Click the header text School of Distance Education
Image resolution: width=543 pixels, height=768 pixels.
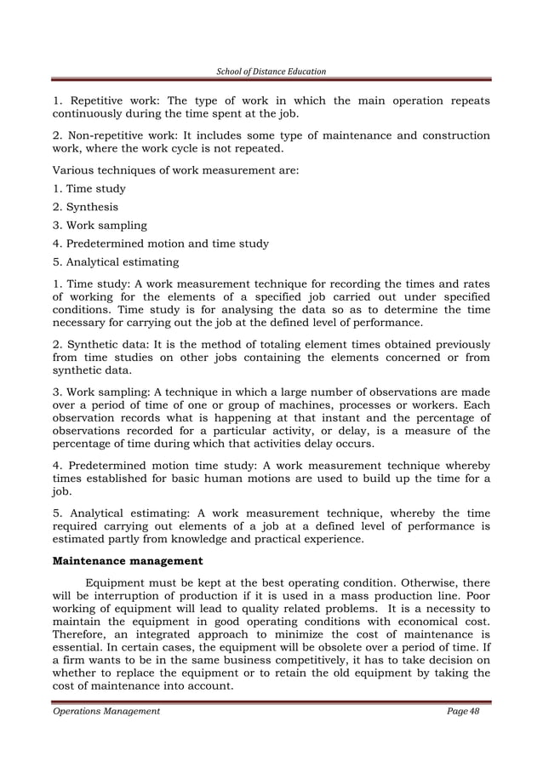[271, 70]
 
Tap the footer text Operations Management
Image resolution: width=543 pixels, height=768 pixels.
[106, 711]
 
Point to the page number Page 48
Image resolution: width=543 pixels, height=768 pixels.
[463, 711]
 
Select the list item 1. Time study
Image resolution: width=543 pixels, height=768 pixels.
[89, 189]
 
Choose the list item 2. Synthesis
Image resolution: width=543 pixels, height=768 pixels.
[85, 207]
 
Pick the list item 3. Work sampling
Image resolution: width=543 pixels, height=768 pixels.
[100, 226]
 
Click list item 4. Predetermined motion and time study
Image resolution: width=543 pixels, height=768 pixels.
[161, 244]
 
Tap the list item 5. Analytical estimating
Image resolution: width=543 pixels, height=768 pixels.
[116, 262]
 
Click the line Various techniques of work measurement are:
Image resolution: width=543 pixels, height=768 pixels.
[175, 170]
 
